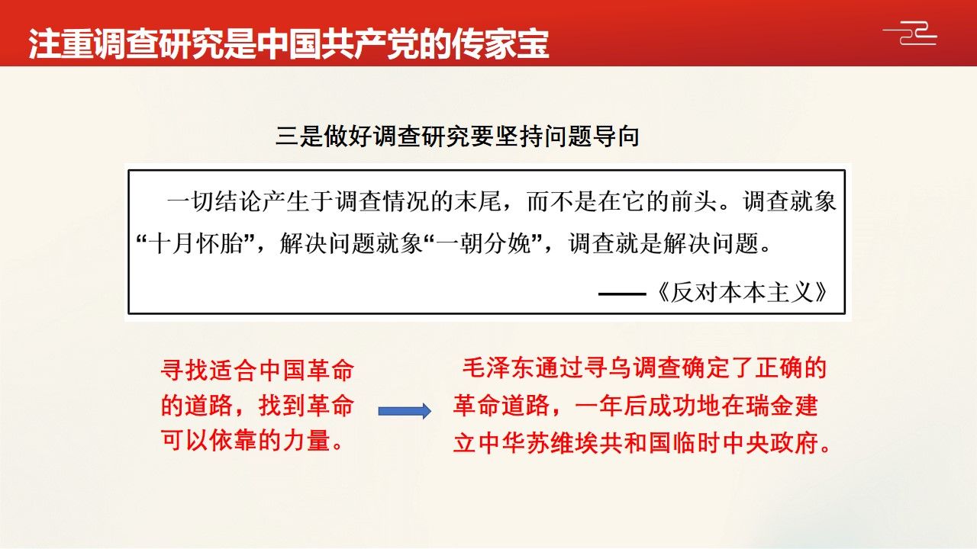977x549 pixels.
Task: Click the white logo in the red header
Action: (x=910, y=33)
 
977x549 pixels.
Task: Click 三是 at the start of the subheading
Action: (x=299, y=136)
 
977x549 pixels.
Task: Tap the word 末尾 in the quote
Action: (x=478, y=202)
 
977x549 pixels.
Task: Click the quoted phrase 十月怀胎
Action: (x=195, y=243)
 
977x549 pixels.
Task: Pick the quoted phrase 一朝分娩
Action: (x=483, y=243)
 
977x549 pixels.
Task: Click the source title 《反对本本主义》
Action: (x=741, y=292)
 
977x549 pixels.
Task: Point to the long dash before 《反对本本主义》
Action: (x=622, y=294)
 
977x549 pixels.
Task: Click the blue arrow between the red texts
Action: (x=405, y=411)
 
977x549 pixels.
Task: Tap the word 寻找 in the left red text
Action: (x=185, y=371)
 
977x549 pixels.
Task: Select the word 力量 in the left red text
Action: (x=307, y=440)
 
